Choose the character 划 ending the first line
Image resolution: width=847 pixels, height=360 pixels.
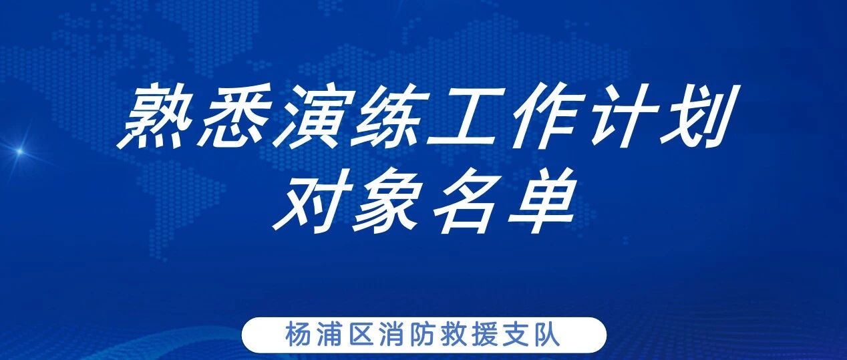click(698, 117)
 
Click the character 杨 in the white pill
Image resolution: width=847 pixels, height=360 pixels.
click(299, 333)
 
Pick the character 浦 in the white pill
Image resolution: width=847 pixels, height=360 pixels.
click(330, 333)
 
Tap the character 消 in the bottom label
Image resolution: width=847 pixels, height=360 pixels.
click(391, 333)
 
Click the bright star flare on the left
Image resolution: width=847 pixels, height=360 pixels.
click(19, 152)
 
